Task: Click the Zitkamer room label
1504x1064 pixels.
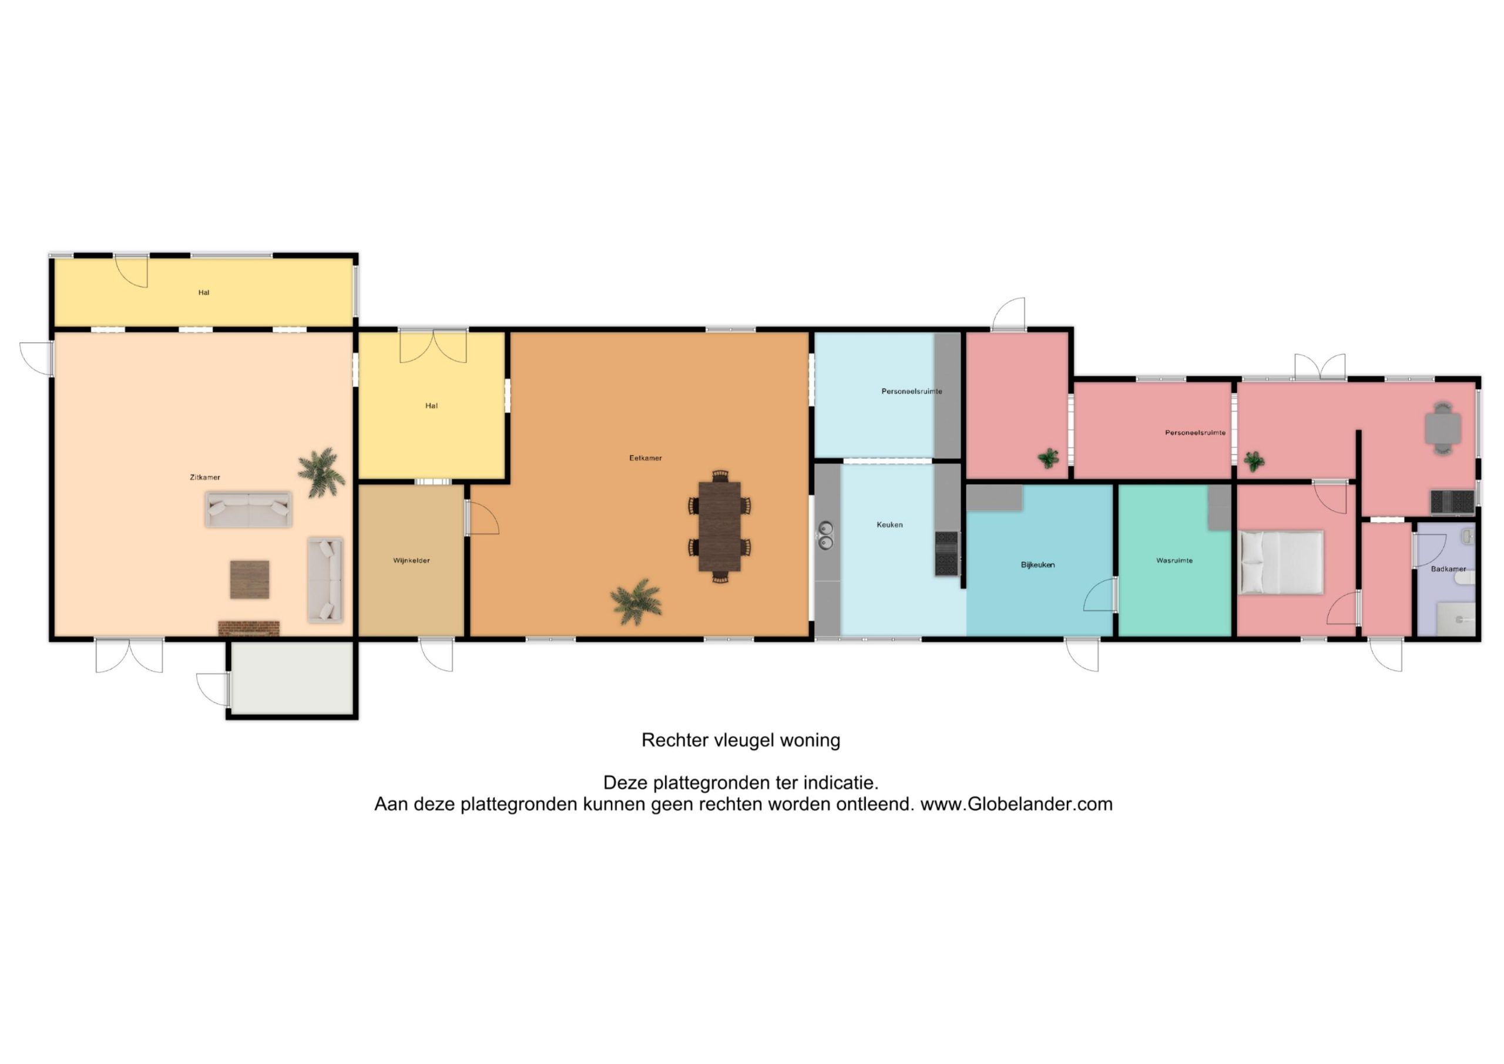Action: [x=205, y=477]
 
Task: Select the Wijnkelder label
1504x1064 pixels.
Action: [x=411, y=561]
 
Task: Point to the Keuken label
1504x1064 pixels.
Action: [x=889, y=524]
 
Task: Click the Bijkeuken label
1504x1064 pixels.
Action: [x=1038, y=564]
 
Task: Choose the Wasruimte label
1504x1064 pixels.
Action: [x=1174, y=561]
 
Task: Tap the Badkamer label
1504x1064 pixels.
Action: [x=1448, y=569]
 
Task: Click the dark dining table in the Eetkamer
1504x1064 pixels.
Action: [x=719, y=527]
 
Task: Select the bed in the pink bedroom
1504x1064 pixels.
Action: [x=1281, y=563]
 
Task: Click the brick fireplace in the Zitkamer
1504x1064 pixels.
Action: [x=249, y=628]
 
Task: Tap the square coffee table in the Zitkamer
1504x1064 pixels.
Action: [x=250, y=580]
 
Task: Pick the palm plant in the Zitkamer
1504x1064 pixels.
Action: [x=321, y=472]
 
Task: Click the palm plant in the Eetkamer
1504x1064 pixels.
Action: [x=636, y=602]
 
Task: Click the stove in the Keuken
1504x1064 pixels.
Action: [x=946, y=554]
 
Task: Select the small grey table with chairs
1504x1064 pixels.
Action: [x=1443, y=429]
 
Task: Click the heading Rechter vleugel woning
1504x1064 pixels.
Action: [x=741, y=740]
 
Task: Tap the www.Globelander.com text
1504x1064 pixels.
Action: [x=1016, y=804]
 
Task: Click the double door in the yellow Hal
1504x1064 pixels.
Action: [x=433, y=347]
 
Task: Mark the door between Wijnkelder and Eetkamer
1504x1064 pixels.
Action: [x=482, y=518]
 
